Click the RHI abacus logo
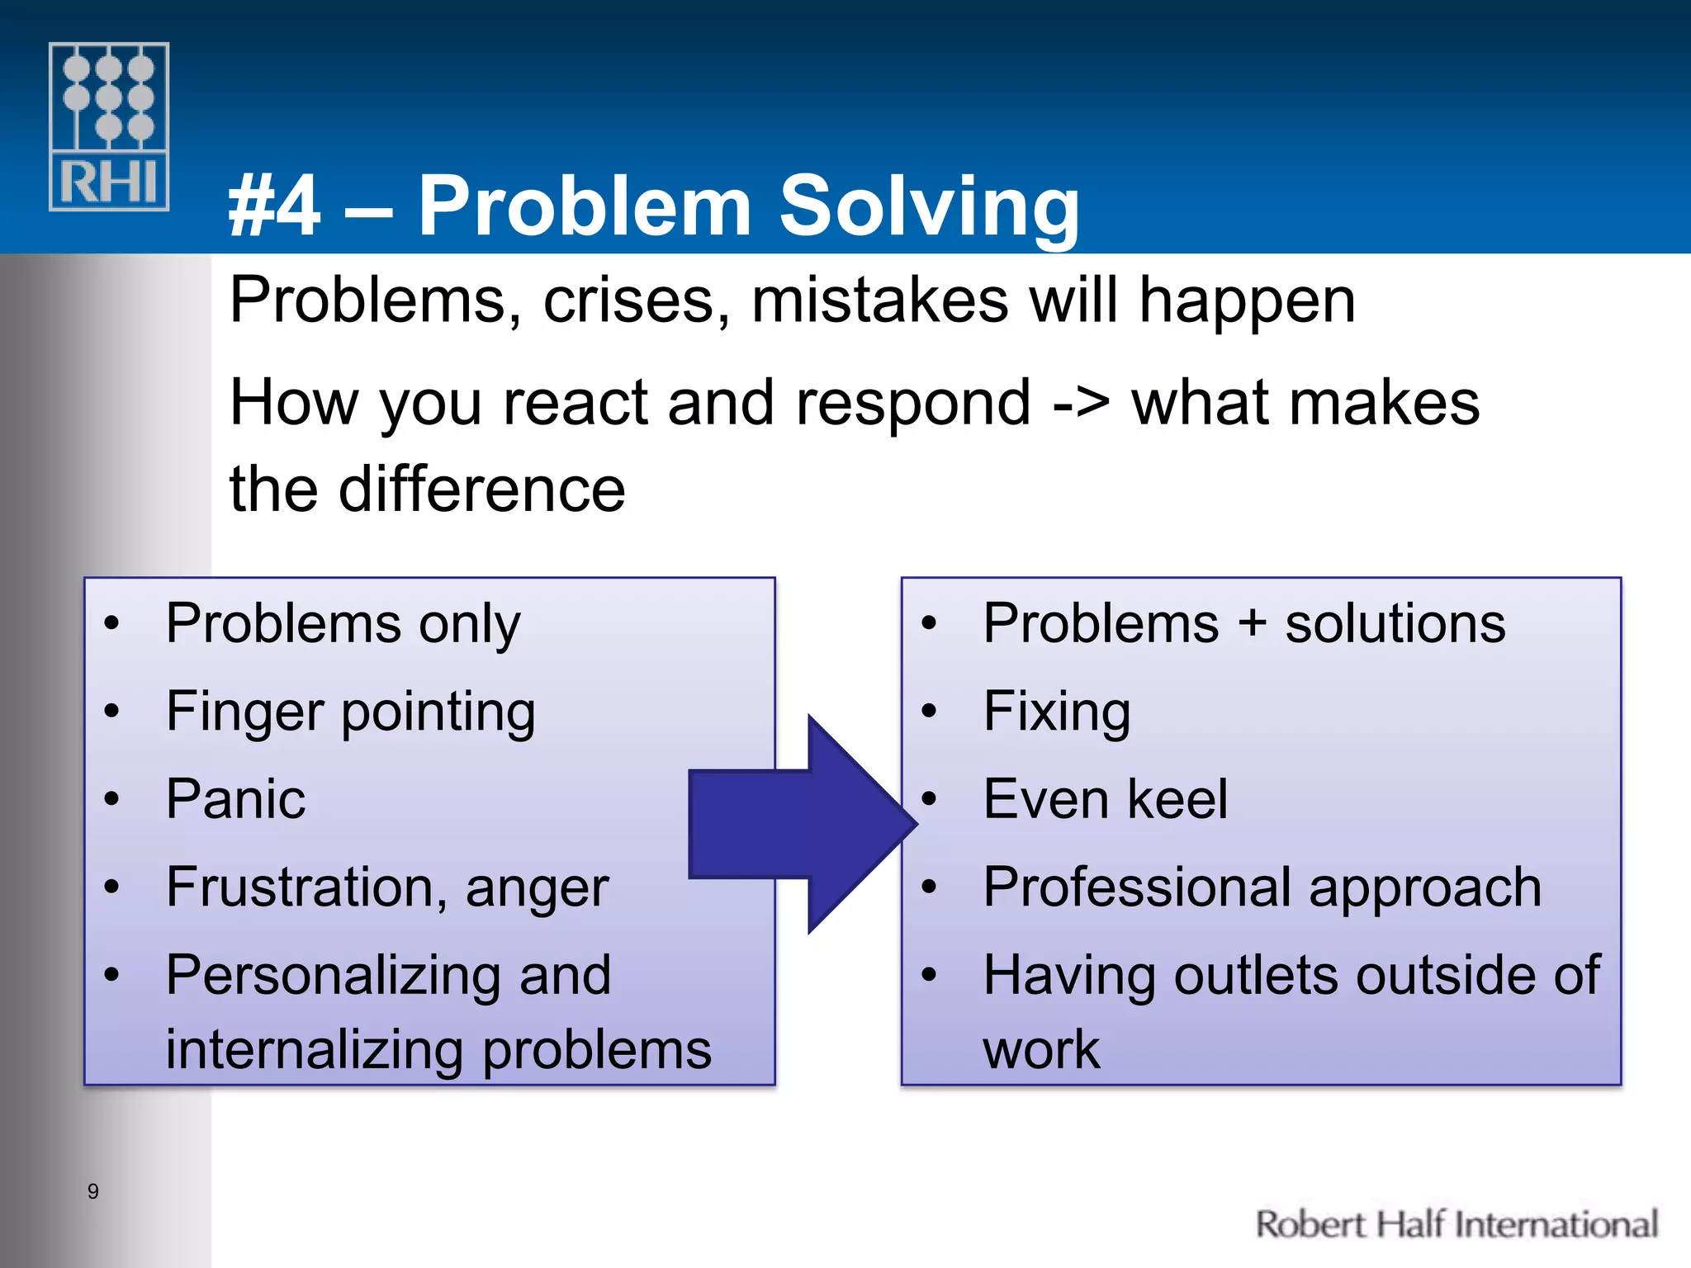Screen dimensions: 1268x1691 109,126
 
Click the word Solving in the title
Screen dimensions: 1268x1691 929,206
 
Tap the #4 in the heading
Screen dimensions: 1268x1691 274,206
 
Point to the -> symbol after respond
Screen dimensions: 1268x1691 1081,403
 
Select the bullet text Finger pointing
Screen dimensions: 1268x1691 350,712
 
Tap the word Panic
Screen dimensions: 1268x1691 235,799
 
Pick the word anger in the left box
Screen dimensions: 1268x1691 537,889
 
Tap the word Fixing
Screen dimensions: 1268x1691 1056,712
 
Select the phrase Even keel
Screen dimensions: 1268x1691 1105,799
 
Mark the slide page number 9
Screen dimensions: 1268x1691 93,1191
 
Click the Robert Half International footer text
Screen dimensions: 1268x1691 1456,1224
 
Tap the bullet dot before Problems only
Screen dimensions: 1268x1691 111,623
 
